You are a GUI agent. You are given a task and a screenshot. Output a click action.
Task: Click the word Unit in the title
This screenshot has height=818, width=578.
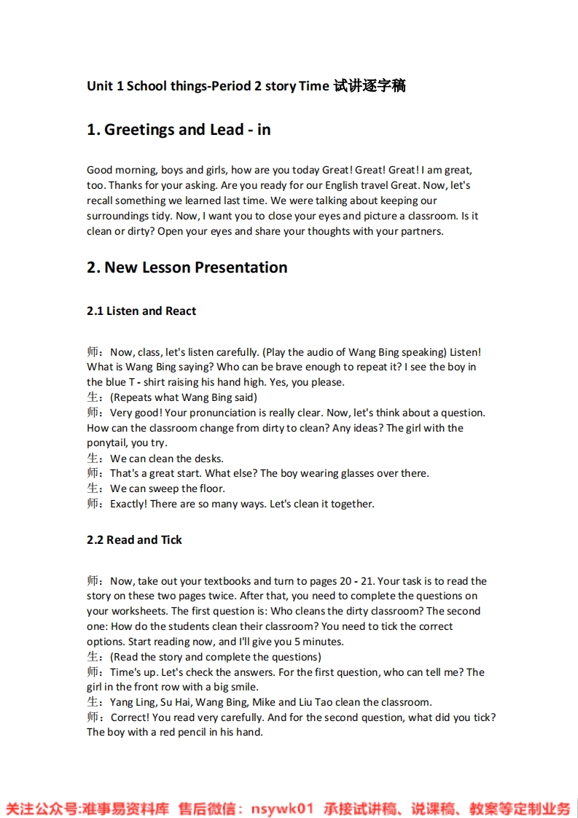(100, 86)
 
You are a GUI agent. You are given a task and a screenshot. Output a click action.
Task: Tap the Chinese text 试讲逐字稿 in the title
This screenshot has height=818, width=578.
(369, 86)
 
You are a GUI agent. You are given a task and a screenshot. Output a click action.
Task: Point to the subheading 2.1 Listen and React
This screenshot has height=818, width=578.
(141, 311)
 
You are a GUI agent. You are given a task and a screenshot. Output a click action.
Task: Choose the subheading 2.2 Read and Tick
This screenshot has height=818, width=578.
(134, 540)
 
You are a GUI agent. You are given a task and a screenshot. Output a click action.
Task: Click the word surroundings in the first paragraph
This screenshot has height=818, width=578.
(117, 216)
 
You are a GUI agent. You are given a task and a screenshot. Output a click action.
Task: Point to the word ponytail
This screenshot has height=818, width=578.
(107, 443)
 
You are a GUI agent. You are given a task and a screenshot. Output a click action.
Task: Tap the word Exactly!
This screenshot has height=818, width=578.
(128, 505)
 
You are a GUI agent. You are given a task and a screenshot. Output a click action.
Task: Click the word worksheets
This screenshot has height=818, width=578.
(138, 612)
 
